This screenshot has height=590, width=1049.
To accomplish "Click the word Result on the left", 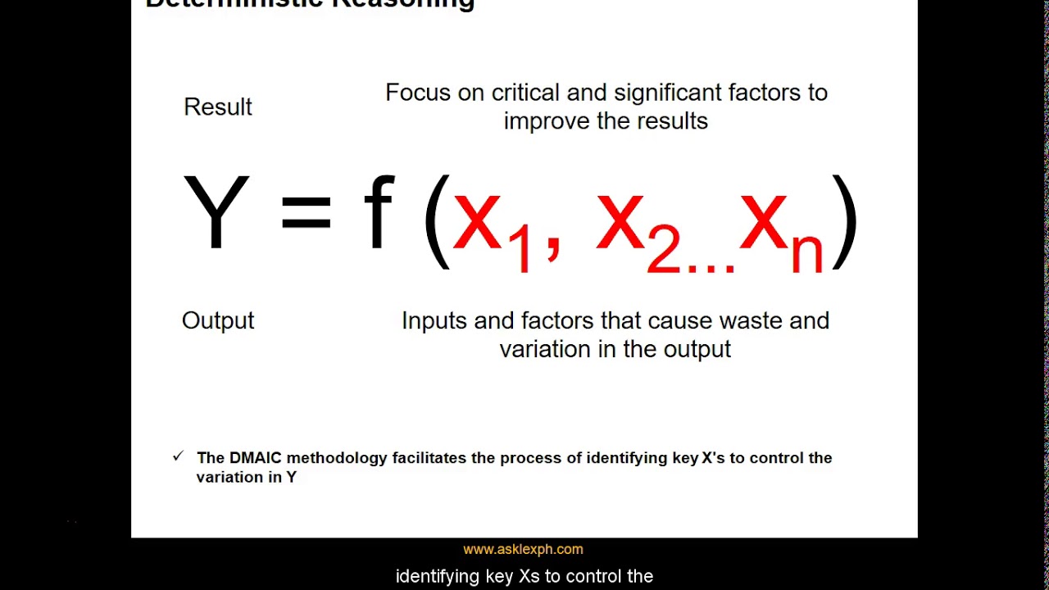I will [218, 107].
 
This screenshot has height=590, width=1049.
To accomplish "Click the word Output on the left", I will [218, 320].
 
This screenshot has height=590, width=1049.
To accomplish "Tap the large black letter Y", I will [216, 212].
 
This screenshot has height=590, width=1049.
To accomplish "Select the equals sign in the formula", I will [306, 213].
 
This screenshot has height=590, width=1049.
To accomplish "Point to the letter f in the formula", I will [378, 212].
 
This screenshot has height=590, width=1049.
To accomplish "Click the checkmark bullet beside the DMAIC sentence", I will [179, 456].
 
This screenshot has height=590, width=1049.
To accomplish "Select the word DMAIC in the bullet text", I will [255, 458].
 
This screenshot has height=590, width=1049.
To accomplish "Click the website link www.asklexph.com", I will [523, 550].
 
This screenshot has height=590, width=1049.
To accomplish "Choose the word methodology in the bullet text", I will [336, 459].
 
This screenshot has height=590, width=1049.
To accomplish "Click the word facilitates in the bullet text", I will [429, 458].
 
